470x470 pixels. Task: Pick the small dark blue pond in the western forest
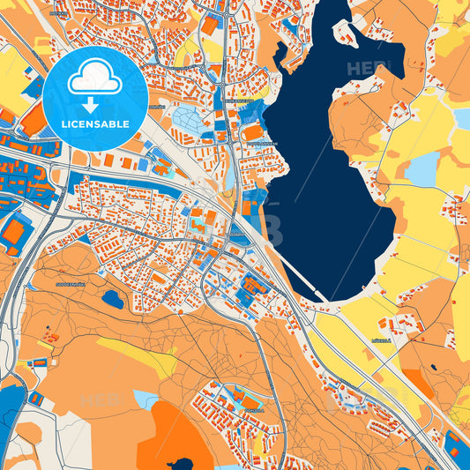pos(113,299)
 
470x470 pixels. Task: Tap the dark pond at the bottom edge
pos(181,464)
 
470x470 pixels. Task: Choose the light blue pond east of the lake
pos(422,169)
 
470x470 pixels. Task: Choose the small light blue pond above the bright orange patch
pos(146,399)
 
